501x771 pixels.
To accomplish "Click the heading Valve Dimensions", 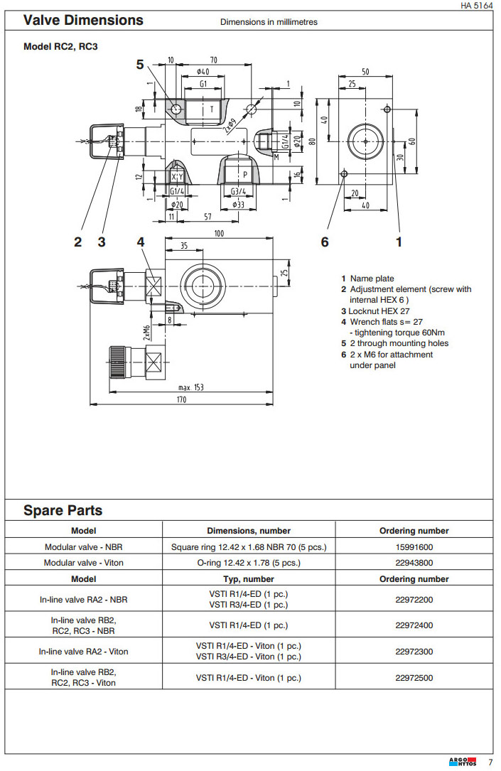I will (83, 20).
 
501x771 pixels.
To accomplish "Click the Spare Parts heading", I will (63, 510).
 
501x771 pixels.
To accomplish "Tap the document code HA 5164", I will (476, 5).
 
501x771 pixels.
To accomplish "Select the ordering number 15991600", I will (414, 547).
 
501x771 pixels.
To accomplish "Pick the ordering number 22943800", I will (414, 563).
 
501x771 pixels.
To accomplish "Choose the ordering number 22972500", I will (414, 678).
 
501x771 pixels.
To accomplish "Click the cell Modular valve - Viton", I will (84, 563).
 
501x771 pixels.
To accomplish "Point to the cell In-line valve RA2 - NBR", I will (84, 600).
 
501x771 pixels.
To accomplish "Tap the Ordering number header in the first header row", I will (414, 531).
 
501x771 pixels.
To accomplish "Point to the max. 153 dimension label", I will (190, 387).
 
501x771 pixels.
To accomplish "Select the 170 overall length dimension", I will (181, 401).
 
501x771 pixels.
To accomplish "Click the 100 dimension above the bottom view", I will (219, 234).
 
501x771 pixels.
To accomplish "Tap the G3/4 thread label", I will (238, 191).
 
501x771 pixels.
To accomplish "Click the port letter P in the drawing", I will (244, 174).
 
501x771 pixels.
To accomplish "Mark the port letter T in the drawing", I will (211, 109).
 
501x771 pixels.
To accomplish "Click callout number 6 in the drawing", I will (325, 242).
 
